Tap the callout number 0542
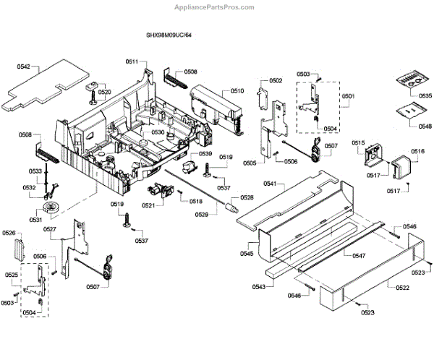click(24, 67)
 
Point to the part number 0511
click(131, 61)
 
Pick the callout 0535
click(425, 95)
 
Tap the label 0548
click(425, 126)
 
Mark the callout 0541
click(270, 184)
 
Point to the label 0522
click(402, 288)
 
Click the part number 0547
click(359, 256)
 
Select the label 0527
click(49, 230)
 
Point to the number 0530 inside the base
click(158, 133)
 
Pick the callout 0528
click(247, 197)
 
